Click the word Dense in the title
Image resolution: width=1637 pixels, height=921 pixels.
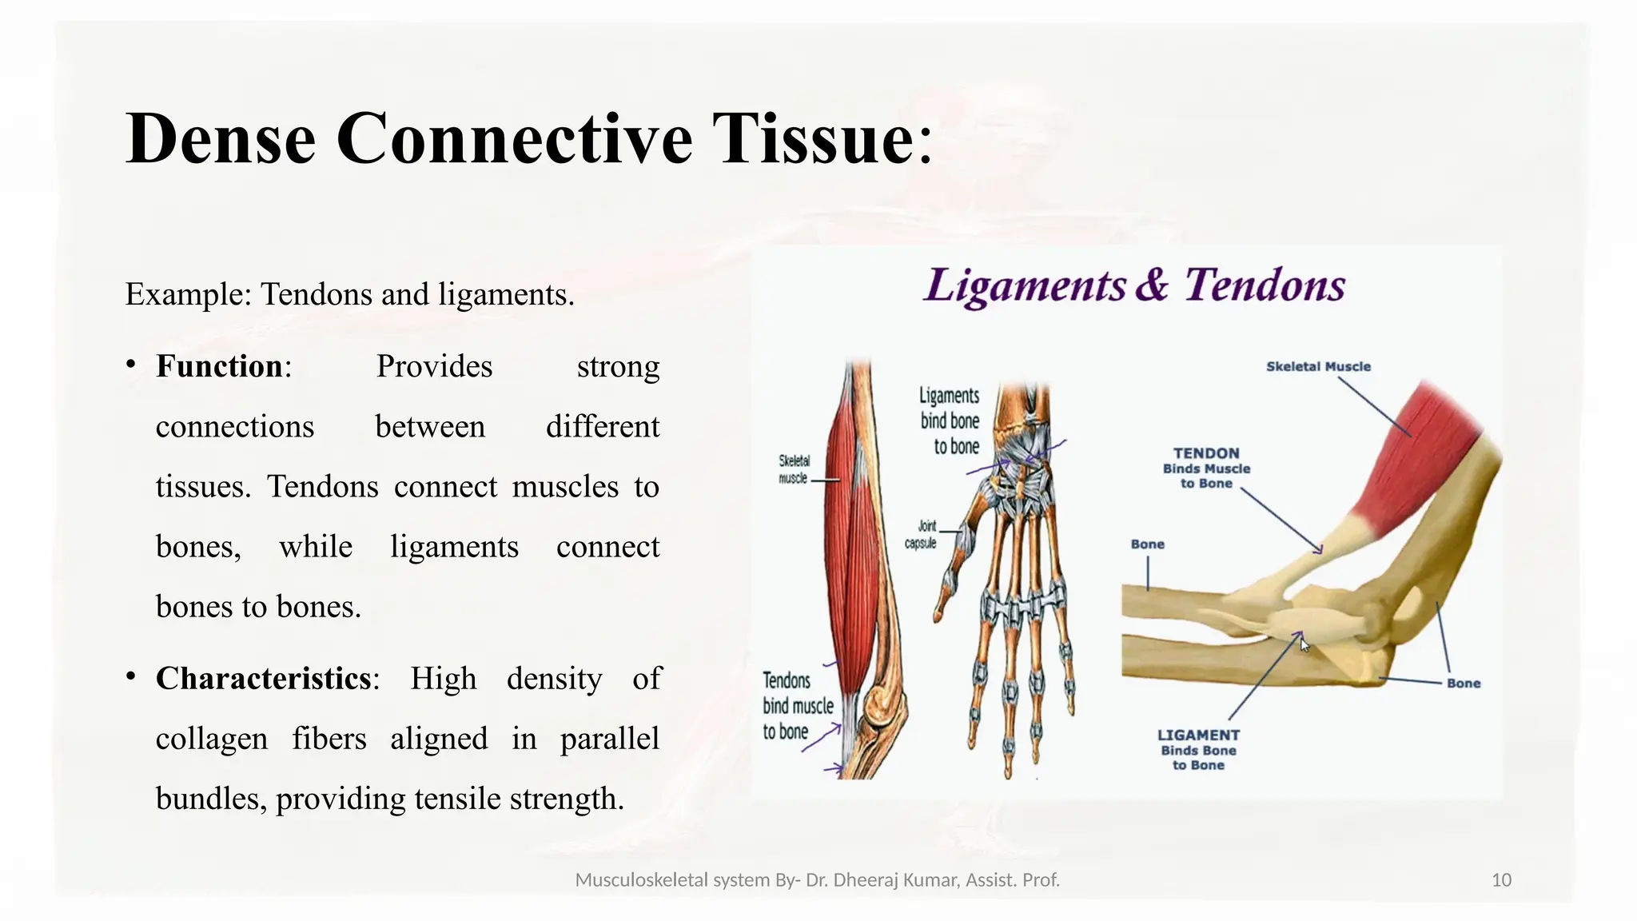[221, 139]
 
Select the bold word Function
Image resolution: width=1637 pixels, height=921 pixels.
[218, 367]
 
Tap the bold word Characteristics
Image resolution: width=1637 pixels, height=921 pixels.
[263, 679]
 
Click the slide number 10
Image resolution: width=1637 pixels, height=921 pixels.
[1501, 880]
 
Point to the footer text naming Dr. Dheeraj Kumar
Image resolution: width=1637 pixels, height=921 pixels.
[817, 880]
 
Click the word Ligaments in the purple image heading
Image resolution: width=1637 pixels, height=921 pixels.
[1025, 285]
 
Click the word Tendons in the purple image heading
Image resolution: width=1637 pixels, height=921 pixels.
[1265, 285]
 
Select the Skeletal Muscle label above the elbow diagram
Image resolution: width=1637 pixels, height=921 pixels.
[1318, 367]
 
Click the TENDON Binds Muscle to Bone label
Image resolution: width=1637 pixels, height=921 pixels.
[1206, 468]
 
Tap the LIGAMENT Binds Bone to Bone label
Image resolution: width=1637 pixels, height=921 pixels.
[1198, 749]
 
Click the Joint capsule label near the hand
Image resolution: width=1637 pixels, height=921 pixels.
[922, 535]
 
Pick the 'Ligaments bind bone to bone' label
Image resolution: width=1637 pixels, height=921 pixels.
[950, 421]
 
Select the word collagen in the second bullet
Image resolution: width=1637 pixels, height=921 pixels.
[212, 739]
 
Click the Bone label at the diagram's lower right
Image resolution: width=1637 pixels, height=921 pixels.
[1463, 684]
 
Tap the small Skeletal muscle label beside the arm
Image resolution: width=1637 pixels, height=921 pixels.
[794, 470]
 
